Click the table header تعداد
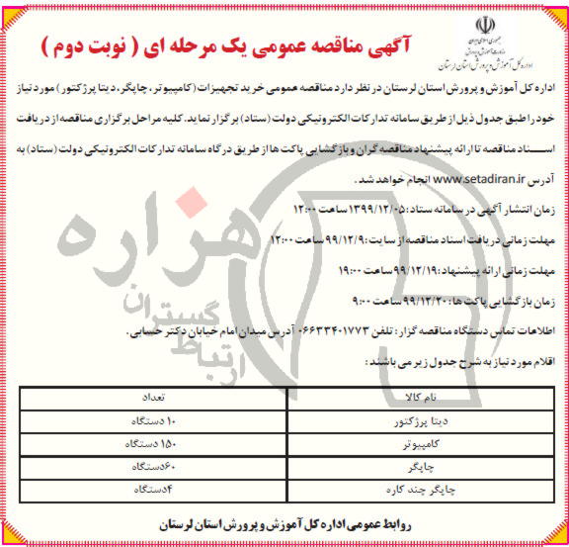(x=146, y=397)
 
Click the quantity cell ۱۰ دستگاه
(x=146, y=420)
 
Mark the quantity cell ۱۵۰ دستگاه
(x=146, y=444)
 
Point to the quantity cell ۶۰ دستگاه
(x=146, y=467)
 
